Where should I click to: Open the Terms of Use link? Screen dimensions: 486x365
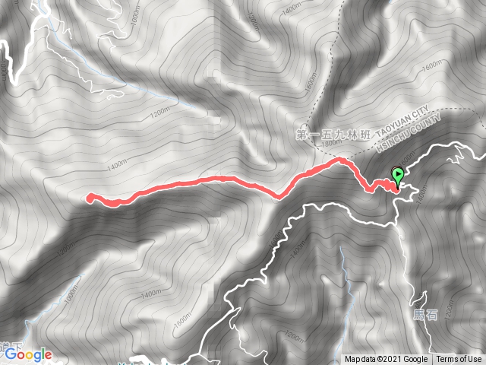coord(459,360)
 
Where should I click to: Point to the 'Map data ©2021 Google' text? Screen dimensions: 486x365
coord(387,360)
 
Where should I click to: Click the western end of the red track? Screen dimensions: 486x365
coord(90,198)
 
